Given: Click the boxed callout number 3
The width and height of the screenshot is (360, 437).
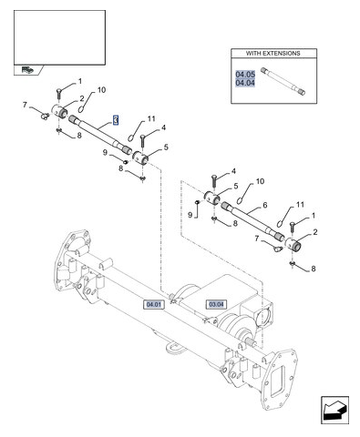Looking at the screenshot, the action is [116, 120].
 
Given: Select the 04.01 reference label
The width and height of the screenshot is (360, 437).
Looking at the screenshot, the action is [154, 304].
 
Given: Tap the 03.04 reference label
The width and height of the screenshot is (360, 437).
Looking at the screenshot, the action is [216, 304].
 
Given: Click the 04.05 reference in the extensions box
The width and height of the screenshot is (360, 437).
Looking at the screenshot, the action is [245, 75].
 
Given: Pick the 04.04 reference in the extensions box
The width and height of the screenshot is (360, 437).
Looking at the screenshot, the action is [245, 83].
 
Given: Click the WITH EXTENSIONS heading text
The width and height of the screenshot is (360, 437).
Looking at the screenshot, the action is [273, 54].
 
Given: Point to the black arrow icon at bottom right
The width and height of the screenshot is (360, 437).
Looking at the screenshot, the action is [334, 410].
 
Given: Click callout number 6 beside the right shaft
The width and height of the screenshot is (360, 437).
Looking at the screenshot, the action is [265, 206].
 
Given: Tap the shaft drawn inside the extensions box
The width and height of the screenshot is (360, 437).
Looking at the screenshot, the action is [283, 80].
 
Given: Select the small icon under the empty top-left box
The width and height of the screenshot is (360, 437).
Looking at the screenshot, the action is [27, 70].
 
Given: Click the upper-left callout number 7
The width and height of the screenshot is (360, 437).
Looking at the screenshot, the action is [25, 105].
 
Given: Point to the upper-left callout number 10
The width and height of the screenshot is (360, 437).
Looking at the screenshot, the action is [101, 90].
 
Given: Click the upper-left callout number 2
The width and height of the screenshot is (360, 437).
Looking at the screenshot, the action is [82, 98].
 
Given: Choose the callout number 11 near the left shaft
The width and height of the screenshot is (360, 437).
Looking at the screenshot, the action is [151, 118].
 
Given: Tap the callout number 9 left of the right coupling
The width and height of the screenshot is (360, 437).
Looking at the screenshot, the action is [190, 215].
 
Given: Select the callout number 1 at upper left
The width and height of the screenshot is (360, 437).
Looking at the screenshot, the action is [80, 81].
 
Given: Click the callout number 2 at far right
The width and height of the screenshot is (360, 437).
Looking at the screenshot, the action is [315, 232].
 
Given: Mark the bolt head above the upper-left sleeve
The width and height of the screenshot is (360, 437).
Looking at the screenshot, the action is [59, 90].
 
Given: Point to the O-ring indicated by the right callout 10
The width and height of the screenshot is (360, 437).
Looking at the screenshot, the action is [240, 200].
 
